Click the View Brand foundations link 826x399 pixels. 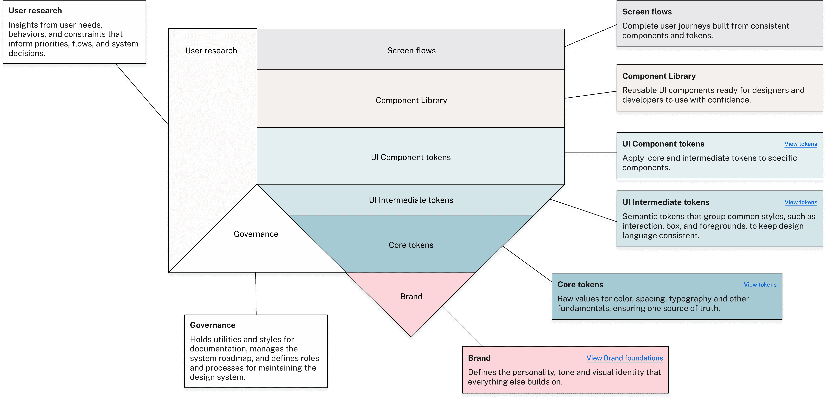624,358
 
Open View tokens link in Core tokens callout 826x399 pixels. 760,284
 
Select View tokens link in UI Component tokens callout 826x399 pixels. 801,144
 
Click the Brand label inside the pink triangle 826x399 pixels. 411,296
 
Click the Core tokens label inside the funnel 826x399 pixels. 411,245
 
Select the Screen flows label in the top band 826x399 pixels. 411,51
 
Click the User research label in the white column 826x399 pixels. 211,51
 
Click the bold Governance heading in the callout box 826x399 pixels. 213,325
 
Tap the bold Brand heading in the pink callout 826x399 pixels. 479,358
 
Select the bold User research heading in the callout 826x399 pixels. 35,11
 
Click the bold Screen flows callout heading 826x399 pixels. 647,12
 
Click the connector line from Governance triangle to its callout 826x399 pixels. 256,294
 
